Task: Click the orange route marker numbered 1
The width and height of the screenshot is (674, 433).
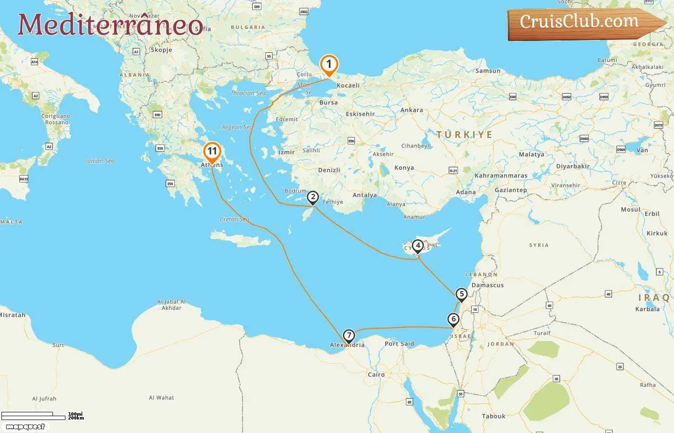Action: pos(329,64)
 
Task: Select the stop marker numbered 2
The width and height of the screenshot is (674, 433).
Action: pos(313,197)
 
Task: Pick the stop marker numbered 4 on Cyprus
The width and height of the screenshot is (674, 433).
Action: pos(418,246)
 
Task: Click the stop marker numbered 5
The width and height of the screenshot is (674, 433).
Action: pos(461,294)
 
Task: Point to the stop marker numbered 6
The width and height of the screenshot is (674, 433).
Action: pos(453,319)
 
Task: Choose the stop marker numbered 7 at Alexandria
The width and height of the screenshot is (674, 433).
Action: pos(349,336)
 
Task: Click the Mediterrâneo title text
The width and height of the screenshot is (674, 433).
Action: pos(110,25)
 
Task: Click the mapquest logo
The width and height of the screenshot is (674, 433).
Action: pos(26,427)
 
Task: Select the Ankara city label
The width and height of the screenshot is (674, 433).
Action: pos(412,110)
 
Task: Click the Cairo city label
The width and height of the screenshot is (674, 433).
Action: pos(376,374)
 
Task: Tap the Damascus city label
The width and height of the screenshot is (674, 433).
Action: pos(487,285)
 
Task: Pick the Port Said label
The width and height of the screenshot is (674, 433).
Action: pos(399,344)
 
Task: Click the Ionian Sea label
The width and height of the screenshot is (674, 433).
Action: pos(100,161)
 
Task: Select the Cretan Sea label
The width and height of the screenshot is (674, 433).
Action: pos(234,219)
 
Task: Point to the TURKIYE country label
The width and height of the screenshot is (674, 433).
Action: pos(464,135)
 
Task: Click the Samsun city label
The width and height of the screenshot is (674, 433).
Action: pos(488,71)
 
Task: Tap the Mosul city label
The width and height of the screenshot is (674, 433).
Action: pos(630,210)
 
